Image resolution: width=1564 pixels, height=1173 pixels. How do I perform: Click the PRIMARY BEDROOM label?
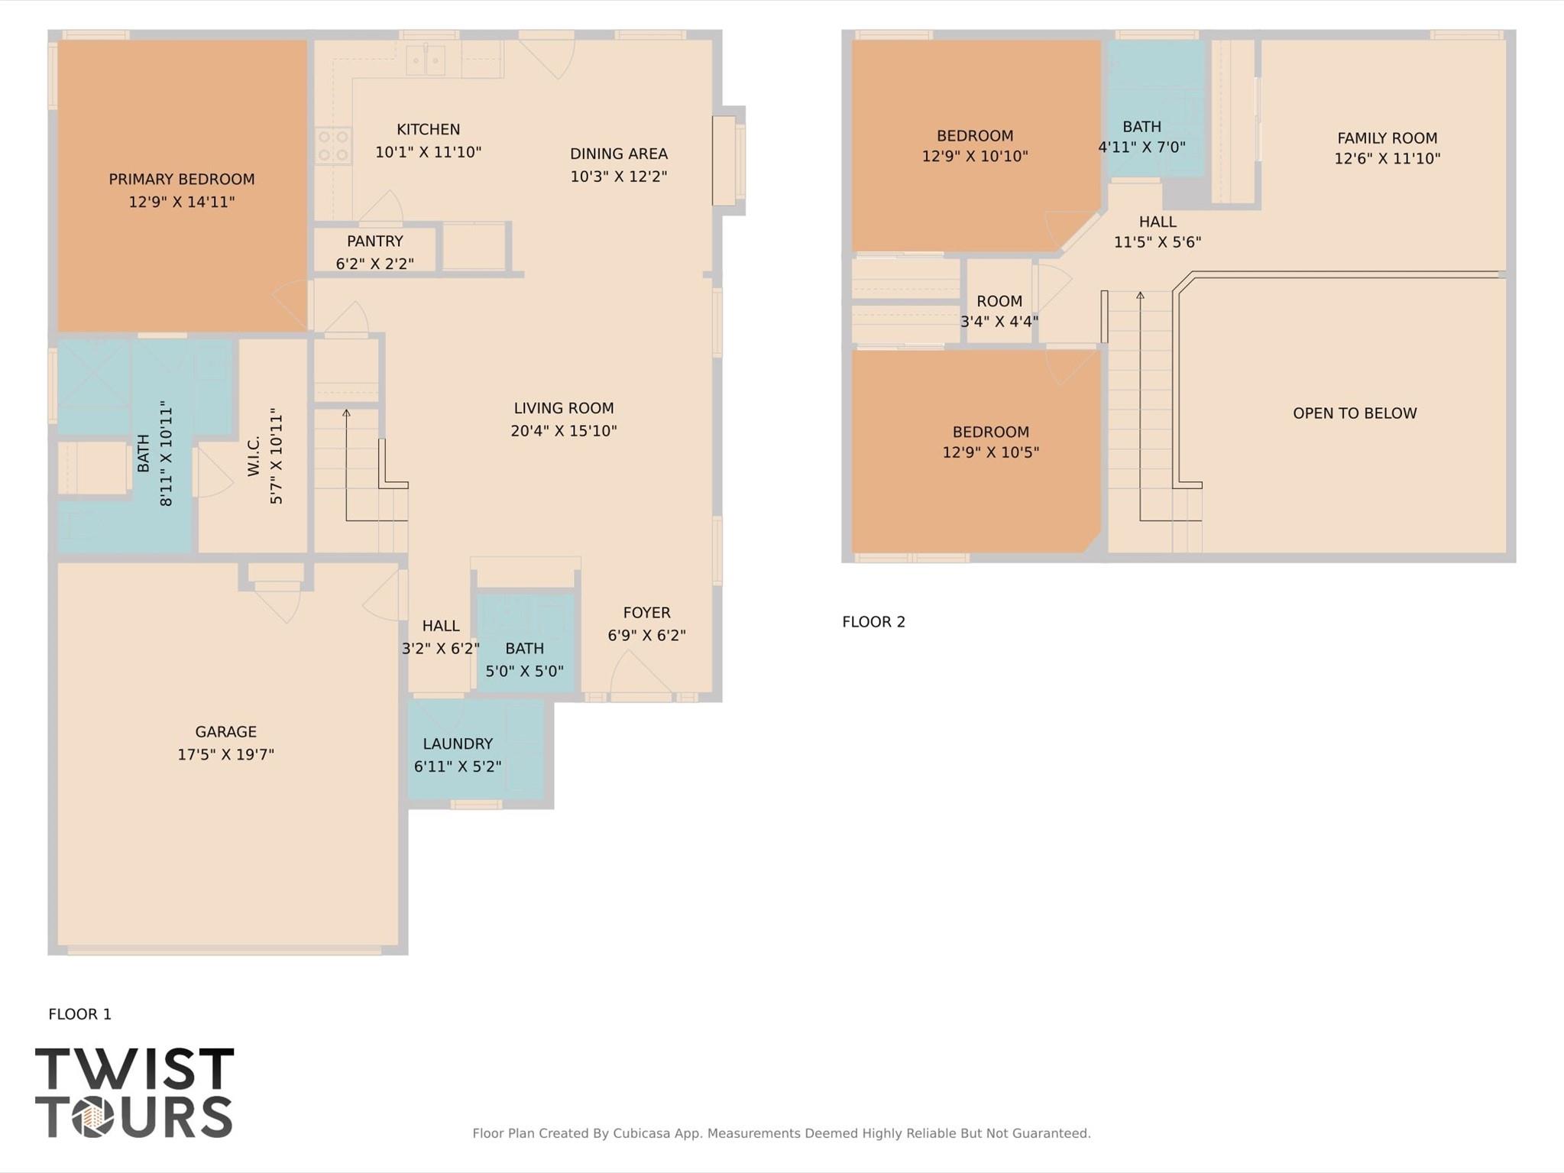point(181,180)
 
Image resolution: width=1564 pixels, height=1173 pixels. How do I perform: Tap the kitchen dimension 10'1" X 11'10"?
point(428,152)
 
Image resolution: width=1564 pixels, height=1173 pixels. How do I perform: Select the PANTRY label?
point(374,241)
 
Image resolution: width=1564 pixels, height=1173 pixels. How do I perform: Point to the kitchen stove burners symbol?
point(333,146)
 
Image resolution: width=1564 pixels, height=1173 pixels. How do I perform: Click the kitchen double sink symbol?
point(425,60)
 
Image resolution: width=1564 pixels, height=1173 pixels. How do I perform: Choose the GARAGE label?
point(225,732)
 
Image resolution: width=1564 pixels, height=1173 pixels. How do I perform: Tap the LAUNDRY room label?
point(458,744)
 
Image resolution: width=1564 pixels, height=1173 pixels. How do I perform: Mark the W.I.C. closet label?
point(254,456)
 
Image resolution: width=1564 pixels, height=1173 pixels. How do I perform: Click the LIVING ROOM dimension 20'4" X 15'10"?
point(563,431)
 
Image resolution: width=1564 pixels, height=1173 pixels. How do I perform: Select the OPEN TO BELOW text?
point(1354,413)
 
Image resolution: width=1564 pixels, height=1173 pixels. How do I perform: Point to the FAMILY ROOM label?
point(1387,138)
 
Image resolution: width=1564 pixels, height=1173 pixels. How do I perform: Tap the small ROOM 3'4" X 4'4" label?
point(999,301)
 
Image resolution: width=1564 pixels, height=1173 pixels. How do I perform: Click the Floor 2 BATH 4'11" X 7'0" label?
point(1141,127)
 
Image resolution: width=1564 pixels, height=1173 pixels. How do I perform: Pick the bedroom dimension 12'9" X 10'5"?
point(990,452)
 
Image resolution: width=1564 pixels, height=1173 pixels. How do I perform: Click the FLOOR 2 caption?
point(873,622)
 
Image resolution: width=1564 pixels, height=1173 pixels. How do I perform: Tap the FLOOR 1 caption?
point(79,1014)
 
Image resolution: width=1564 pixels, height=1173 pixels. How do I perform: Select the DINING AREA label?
point(618,154)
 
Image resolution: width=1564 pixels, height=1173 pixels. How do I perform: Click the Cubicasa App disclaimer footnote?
point(781,1133)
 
